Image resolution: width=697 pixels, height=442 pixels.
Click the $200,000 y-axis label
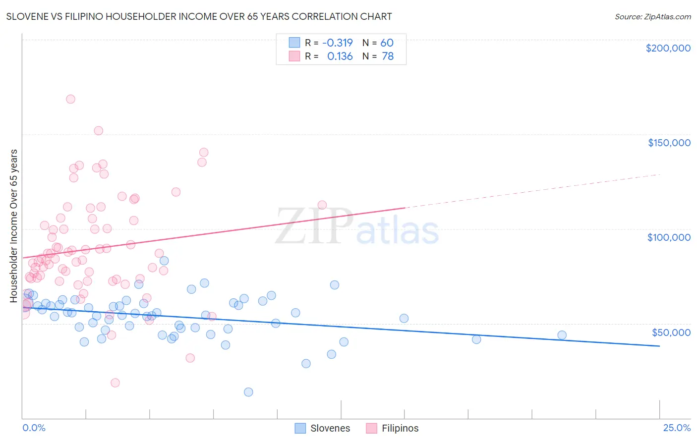(x=668, y=48)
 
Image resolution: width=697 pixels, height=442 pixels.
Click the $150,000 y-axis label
(x=669, y=143)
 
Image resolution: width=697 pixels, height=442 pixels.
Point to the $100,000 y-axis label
(x=669, y=237)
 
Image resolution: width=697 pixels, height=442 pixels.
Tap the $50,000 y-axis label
(x=671, y=332)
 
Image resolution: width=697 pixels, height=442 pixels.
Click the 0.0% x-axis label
(x=34, y=428)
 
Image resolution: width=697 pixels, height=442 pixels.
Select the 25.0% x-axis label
(x=677, y=428)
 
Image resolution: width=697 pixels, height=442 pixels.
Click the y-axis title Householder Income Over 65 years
(x=14, y=225)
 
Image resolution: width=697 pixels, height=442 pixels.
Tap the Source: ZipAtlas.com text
(x=652, y=17)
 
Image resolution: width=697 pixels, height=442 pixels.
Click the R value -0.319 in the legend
(x=337, y=43)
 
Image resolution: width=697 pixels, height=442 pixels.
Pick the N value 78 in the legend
(x=388, y=56)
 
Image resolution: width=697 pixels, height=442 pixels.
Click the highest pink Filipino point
(x=70, y=99)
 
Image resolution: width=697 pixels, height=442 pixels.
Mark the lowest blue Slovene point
(x=248, y=392)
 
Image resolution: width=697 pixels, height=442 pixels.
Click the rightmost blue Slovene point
(x=562, y=335)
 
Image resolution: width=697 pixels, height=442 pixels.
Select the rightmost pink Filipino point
(x=322, y=205)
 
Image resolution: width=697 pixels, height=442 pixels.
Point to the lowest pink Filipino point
(x=115, y=383)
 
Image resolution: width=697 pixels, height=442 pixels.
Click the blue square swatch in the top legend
(x=294, y=43)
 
